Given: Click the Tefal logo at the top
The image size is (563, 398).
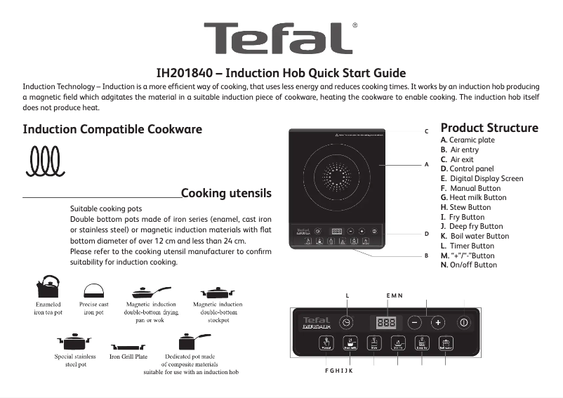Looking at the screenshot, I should tap(279, 38).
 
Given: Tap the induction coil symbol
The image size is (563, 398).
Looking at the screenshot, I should tap(46, 161).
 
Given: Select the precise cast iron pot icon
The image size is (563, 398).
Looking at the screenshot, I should tap(93, 290).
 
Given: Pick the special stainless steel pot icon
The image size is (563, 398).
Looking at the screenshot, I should tap(74, 343).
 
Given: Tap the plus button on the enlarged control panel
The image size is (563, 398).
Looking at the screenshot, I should tap(437, 322).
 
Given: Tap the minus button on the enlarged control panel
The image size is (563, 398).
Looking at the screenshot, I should tap(415, 322).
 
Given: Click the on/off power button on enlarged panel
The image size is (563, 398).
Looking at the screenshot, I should tap(463, 322).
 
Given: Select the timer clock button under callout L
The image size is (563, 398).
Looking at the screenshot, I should tap(346, 322).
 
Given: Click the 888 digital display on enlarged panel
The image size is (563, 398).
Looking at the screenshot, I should tap(386, 322).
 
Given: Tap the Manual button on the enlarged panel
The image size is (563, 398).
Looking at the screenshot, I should tap(326, 343).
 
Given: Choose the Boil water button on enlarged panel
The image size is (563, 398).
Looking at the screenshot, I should tap(445, 343).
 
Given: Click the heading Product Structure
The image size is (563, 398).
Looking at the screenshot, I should tap(489, 128).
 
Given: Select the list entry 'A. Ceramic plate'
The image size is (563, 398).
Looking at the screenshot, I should tap(468, 140).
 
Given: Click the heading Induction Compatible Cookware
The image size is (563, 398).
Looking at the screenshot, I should tap(112, 129).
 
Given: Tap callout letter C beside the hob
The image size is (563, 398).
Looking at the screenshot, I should tap(426, 131).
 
